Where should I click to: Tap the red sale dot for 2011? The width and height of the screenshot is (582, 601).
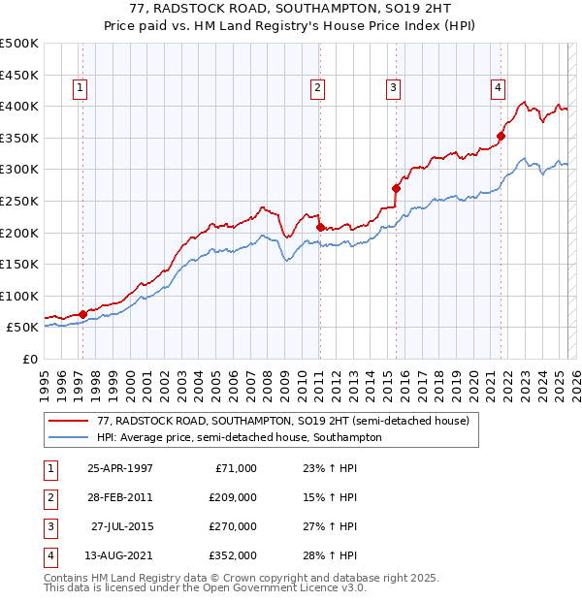320,227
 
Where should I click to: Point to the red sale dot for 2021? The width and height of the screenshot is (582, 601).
501,136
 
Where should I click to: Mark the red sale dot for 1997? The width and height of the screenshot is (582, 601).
83,314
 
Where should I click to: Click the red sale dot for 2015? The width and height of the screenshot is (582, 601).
396,188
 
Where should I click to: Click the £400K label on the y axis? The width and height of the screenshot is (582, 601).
19,106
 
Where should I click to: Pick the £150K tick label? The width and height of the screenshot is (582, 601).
19,264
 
